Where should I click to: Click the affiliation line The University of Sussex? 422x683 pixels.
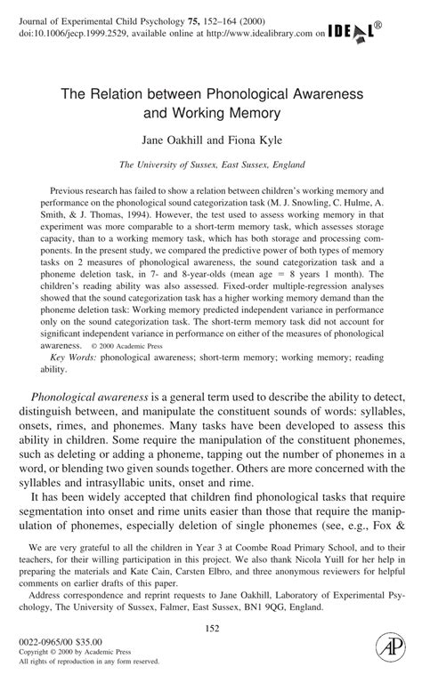(211, 165)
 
